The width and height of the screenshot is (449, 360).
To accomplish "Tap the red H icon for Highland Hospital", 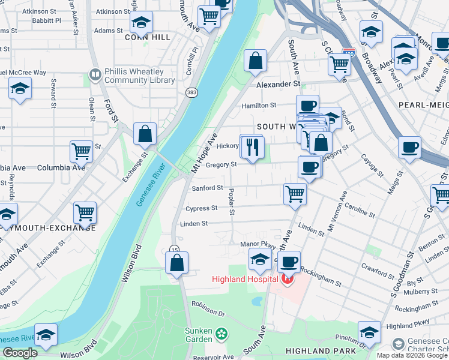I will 288,278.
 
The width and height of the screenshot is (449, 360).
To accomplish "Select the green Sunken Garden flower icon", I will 222,333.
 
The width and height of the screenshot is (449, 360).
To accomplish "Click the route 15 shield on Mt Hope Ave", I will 174,249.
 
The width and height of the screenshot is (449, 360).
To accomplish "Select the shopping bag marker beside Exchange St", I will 145,134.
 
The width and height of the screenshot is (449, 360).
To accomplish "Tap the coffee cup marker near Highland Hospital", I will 289,262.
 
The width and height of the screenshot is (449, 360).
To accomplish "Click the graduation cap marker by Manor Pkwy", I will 260,259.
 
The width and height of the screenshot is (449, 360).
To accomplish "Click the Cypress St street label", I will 202,209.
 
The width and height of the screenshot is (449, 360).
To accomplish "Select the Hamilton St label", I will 258,105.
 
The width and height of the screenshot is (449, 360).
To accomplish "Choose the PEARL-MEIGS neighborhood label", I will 423,104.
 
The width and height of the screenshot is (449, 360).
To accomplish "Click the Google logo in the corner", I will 20,353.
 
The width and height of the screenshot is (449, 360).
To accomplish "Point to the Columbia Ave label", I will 61,167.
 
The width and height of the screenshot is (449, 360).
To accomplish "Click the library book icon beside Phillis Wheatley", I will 95,75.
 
